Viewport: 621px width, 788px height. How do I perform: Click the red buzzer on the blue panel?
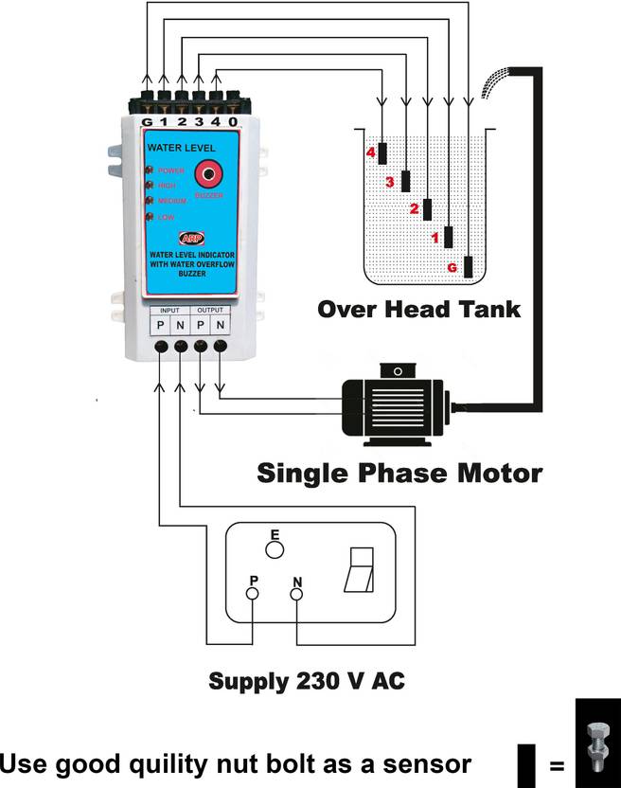click(x=206, y=173)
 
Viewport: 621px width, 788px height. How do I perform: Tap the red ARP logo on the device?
click(x=189, y=239)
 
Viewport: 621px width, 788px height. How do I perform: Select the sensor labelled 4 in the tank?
click(x=381, y=152)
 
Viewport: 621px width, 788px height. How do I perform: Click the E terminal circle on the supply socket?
click(x=275, y=548)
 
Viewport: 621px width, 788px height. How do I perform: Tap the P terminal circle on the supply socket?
click(x=253, y=594)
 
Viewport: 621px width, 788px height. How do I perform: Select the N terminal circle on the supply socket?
click(x=295, y=594)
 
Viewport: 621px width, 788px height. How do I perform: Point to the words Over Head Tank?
click(x=418, y=309)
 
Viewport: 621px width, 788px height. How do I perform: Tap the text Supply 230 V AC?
click(x=307, y=681)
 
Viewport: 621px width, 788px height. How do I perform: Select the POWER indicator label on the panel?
click(x=171, y=170)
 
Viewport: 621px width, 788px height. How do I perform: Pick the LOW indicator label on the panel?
click(x=166, y=217)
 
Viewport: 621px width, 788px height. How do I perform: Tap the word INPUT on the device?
click(x=169, y=310)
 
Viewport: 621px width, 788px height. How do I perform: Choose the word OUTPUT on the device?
click(x=210, y=310)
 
